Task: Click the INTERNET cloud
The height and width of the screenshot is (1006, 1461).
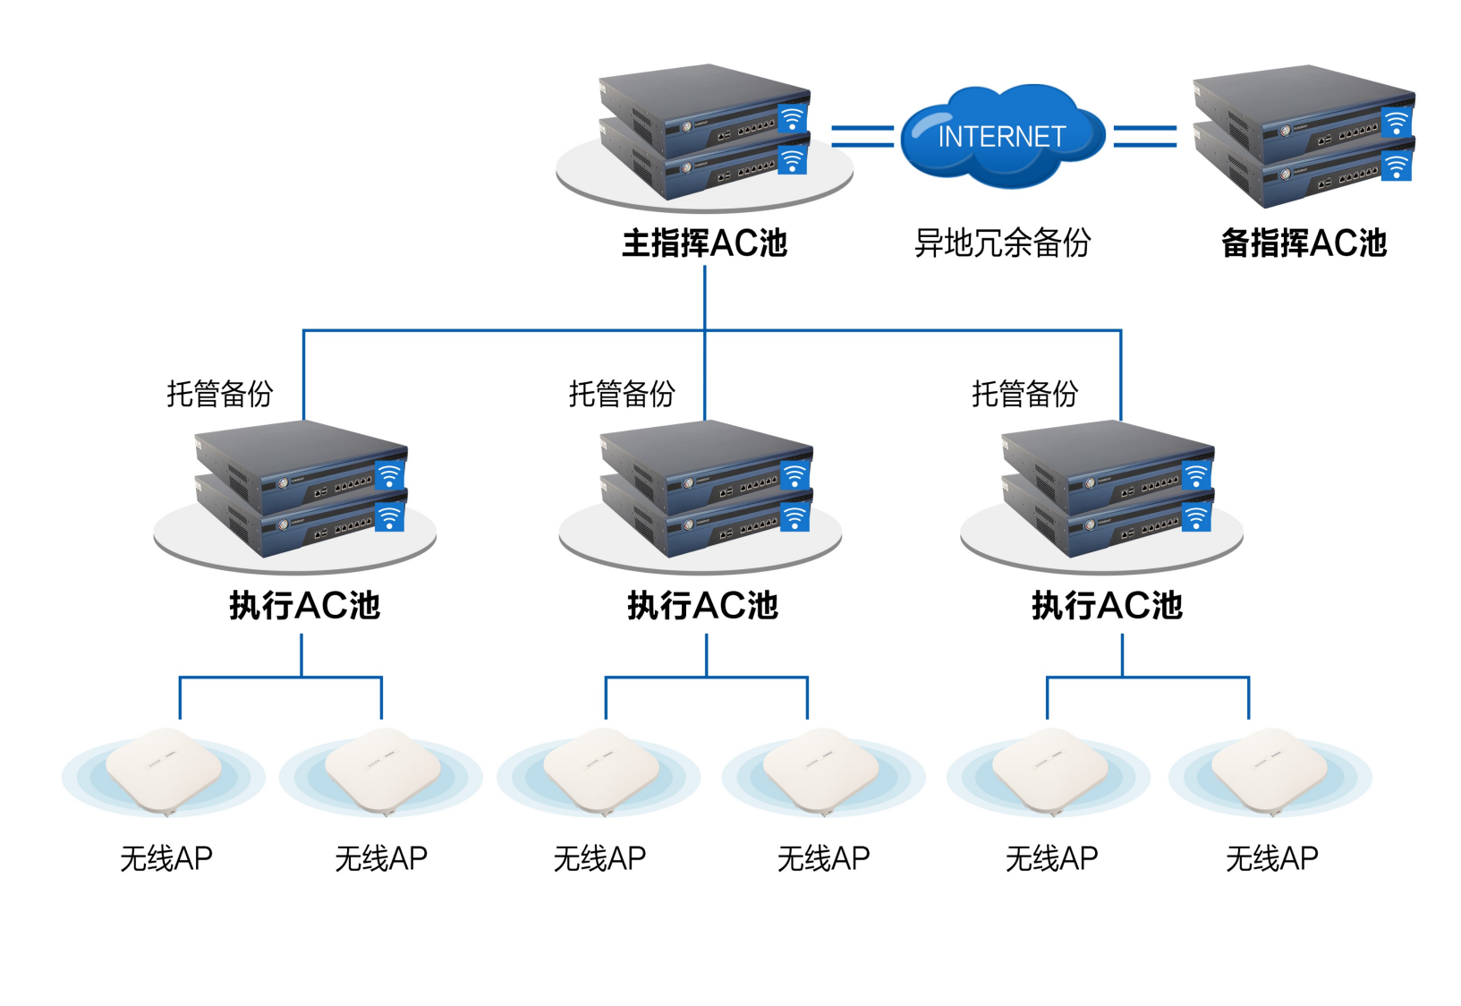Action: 1002,136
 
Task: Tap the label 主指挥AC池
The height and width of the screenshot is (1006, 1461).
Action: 705,243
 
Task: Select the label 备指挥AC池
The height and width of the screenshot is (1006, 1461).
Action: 1304,243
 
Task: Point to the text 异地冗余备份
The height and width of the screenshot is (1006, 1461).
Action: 1002,243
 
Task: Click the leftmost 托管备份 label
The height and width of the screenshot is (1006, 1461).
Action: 219,394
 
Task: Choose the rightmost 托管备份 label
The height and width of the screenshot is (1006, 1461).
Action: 1024,394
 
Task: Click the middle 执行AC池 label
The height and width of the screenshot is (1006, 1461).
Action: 703,606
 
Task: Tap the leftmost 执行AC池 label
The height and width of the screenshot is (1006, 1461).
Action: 305,606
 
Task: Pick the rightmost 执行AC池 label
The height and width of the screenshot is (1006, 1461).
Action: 1107,606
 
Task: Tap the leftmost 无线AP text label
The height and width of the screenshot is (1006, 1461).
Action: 166,859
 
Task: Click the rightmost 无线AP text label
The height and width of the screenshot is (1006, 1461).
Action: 1271,859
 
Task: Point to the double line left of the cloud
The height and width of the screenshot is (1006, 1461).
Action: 862,136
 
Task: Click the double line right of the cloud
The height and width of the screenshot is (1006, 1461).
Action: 1144,136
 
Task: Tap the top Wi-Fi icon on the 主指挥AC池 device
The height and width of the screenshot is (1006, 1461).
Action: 792,119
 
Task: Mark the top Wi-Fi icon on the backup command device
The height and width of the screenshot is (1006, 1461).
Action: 1396,122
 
